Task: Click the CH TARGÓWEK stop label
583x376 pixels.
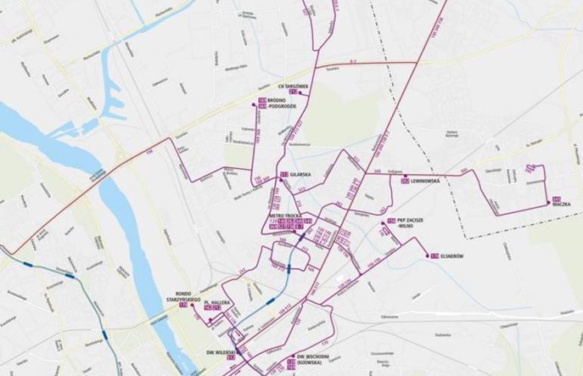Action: click(292, 86)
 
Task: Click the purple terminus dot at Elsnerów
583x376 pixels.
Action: click(425, 254)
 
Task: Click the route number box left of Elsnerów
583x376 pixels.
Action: click(434, 254)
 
